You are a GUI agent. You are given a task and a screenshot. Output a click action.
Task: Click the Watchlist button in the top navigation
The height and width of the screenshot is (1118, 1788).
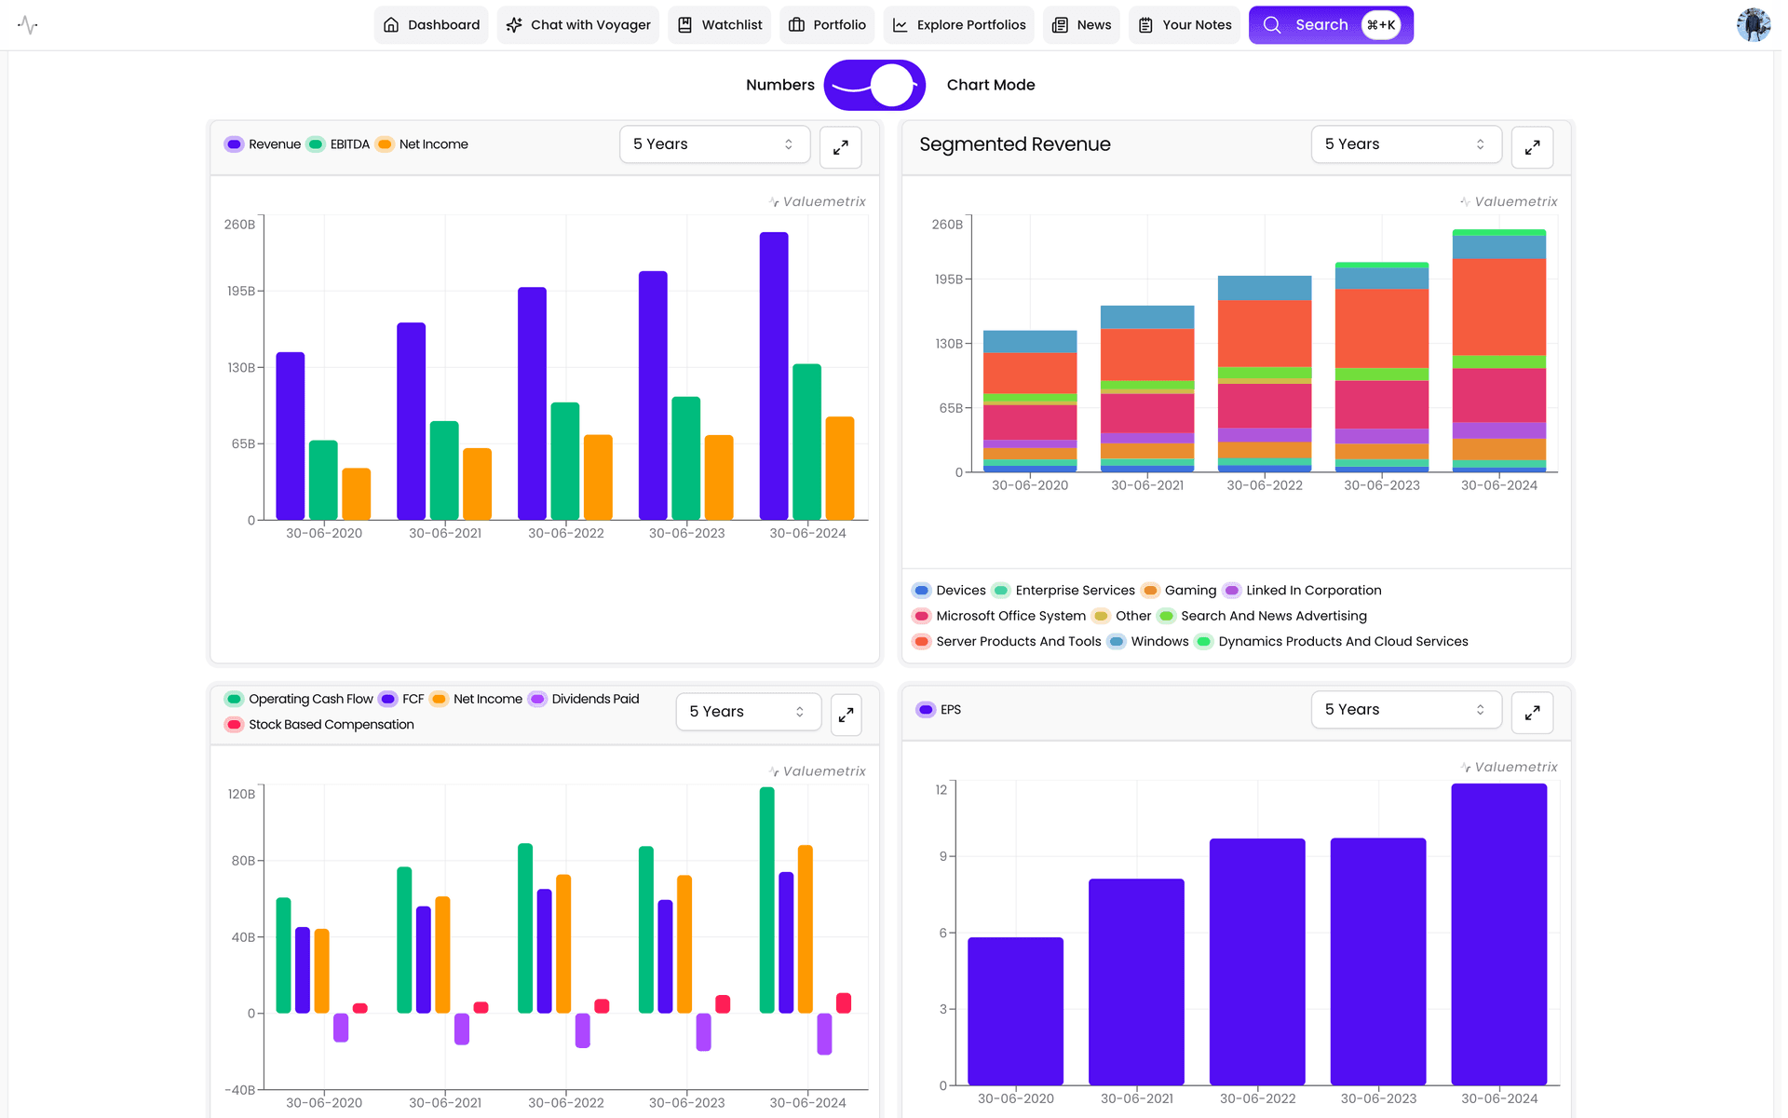point(719,25)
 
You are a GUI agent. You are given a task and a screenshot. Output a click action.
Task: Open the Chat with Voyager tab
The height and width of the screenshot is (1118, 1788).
point(578,25)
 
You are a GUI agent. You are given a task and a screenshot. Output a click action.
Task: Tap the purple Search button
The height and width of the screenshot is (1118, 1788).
point(1329,25)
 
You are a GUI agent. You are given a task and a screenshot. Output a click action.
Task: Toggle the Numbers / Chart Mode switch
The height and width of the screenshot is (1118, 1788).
point(874,85)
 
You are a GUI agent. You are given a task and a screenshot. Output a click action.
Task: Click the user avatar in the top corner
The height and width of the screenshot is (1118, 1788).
point(1752,25)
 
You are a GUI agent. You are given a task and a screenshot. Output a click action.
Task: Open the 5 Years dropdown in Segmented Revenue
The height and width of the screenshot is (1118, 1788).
point(1404,144)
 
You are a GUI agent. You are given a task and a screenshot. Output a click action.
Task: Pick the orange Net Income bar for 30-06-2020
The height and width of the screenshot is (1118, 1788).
point(356,494)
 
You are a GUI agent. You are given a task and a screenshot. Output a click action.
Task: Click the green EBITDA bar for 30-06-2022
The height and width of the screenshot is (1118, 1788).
point(564,461)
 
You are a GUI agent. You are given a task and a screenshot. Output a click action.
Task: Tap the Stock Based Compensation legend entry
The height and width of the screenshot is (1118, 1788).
point(319,725)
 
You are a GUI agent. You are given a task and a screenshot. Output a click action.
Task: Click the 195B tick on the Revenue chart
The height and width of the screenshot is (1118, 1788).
point(240,292)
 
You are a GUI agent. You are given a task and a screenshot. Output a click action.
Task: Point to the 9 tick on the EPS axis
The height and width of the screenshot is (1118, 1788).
point(942,856)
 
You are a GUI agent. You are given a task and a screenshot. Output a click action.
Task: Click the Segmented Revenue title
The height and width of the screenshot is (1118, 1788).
point(1014,144)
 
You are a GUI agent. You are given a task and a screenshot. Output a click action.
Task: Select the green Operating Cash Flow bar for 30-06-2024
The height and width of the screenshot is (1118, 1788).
point(766,900)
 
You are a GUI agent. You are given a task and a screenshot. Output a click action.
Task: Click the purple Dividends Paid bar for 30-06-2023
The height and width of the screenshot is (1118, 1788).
point(703,1031)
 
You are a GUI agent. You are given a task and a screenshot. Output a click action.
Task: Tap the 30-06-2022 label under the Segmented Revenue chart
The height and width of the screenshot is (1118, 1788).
point(1264,485)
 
